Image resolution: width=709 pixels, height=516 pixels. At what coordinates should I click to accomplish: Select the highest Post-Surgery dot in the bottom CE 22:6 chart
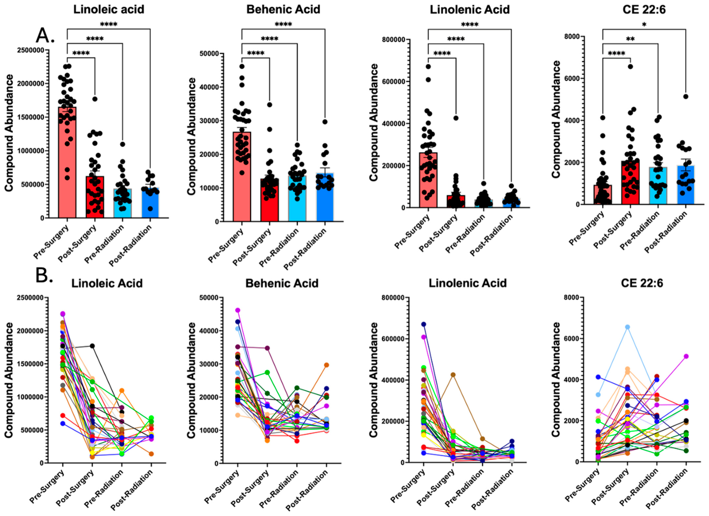click(627, 327)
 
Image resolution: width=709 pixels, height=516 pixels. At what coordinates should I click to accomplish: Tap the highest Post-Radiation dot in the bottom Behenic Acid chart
click(326, 365)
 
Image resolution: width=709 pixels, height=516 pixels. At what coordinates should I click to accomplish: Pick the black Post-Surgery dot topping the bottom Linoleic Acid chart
click(92, 346)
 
